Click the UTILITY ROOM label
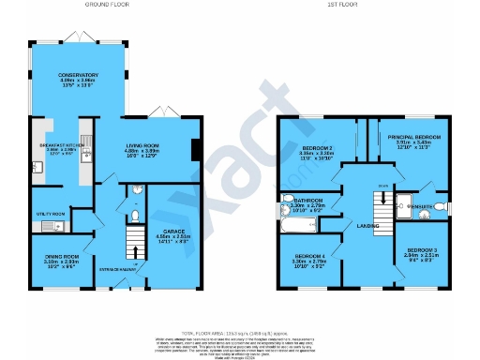pos(49,214)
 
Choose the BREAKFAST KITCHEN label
pos(53,145)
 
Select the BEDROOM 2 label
pos(316,147)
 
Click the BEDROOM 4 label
pos(309,255)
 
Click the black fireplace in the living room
pos(194,151)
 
